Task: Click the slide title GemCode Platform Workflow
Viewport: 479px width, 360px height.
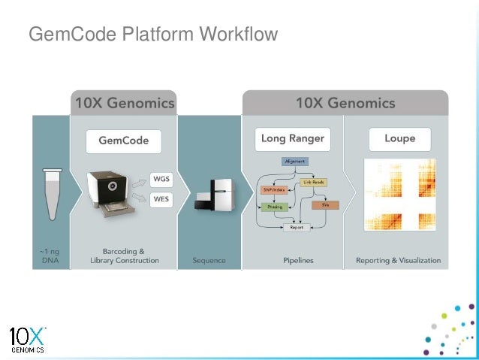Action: click(152, 35)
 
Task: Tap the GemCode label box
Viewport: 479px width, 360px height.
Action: click(123, 140)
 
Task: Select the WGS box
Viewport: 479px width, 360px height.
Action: click(161, 179)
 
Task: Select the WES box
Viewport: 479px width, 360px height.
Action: click(161, 200)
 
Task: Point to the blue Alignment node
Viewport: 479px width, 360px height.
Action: click(296, 162)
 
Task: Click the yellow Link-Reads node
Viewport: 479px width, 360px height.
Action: click(313, 182)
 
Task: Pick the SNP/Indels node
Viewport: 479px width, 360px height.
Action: click(273, 191)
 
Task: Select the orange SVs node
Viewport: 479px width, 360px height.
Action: click(326, 204)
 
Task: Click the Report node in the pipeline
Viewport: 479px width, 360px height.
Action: click(296, 228)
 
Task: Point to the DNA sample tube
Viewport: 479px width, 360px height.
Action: click(52, 194)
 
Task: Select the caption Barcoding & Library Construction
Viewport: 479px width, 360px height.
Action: click(125, 256)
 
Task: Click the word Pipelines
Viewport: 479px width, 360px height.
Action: click(298, 261)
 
